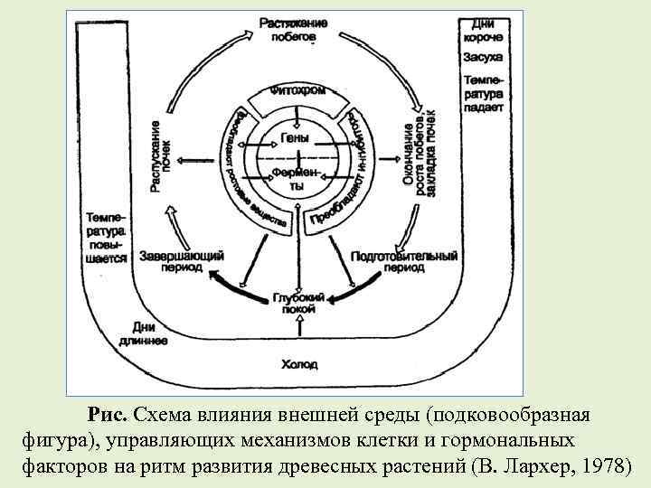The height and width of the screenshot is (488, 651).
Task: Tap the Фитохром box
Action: (x=297, y=92)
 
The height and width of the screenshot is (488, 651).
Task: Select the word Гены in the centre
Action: (x=295, y=138)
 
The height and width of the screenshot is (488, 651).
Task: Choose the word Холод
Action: (x=298, y=365)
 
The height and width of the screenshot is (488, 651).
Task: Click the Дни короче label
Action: (x=488, y=32)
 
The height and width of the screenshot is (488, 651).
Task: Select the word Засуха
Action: (x=488, y=58)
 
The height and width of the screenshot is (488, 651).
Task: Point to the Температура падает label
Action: (x=488, y=93)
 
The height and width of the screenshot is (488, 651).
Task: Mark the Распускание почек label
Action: (x=164, y=157)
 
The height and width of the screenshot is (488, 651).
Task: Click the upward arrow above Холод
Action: (x=297, y=335)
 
